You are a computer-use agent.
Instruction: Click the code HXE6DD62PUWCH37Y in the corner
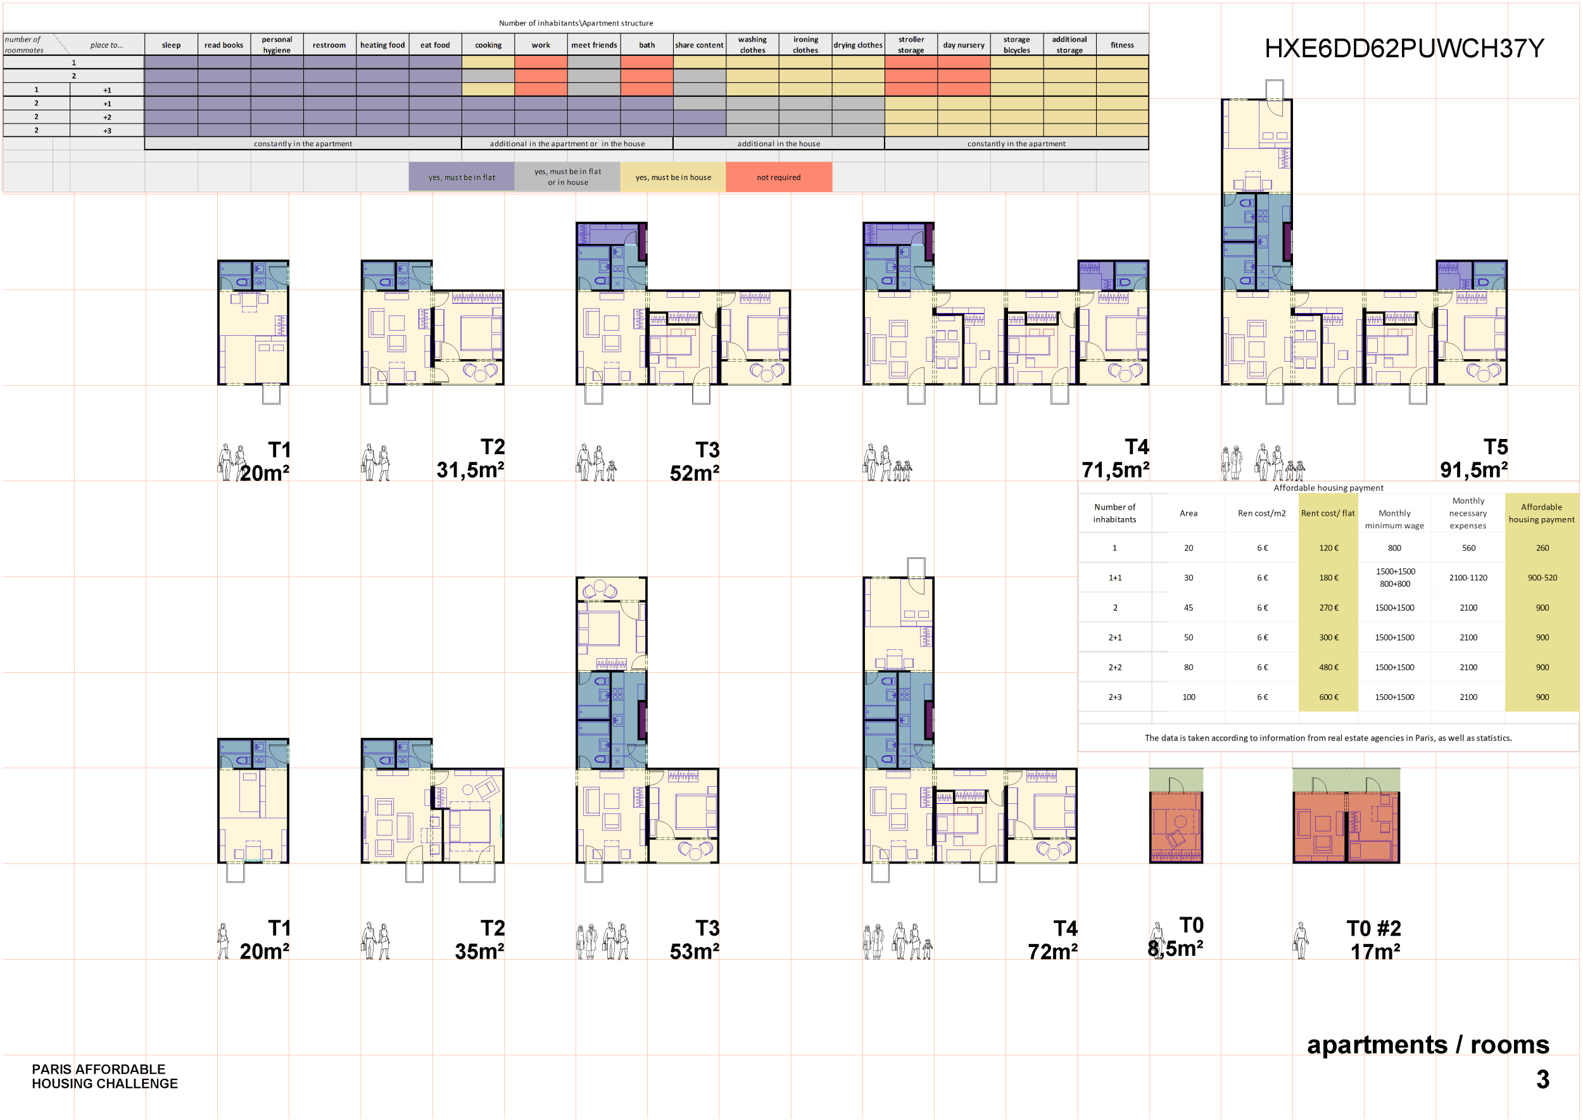1403,48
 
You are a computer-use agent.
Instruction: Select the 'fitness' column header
1122,45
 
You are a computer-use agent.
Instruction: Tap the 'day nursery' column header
963,45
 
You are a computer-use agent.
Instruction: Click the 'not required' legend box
778,177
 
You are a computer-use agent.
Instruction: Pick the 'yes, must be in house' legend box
673,177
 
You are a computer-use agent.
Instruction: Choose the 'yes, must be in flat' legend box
461,177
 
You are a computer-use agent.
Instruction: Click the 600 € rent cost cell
1328,697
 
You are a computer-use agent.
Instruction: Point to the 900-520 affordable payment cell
1542,578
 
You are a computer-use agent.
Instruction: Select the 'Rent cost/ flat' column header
1327,513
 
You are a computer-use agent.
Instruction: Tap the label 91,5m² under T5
1473,470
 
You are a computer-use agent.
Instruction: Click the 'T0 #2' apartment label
1373,928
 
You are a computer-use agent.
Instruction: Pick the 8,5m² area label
1175,949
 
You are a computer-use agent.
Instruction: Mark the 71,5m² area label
1115,470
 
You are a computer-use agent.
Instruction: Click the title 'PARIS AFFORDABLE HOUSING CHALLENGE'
105,1076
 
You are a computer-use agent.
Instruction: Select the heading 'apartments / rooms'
1428,1045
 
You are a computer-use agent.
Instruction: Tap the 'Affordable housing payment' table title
1328,488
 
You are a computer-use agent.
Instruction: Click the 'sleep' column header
171,45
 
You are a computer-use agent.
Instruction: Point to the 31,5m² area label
470,470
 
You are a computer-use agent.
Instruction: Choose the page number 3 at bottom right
1542,1079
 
